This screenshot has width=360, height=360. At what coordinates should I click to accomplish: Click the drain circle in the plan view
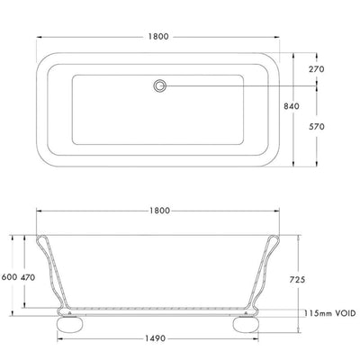[x=161, y=86]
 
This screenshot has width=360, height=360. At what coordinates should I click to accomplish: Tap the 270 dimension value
[x=342, y=67]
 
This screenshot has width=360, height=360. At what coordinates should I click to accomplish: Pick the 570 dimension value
[x=342, y=127]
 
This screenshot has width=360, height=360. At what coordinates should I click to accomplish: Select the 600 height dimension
[x=9, y=277]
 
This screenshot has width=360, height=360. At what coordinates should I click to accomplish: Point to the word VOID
[x=340, y=313]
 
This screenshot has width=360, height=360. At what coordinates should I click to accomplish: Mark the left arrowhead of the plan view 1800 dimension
[x=38, y=40]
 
